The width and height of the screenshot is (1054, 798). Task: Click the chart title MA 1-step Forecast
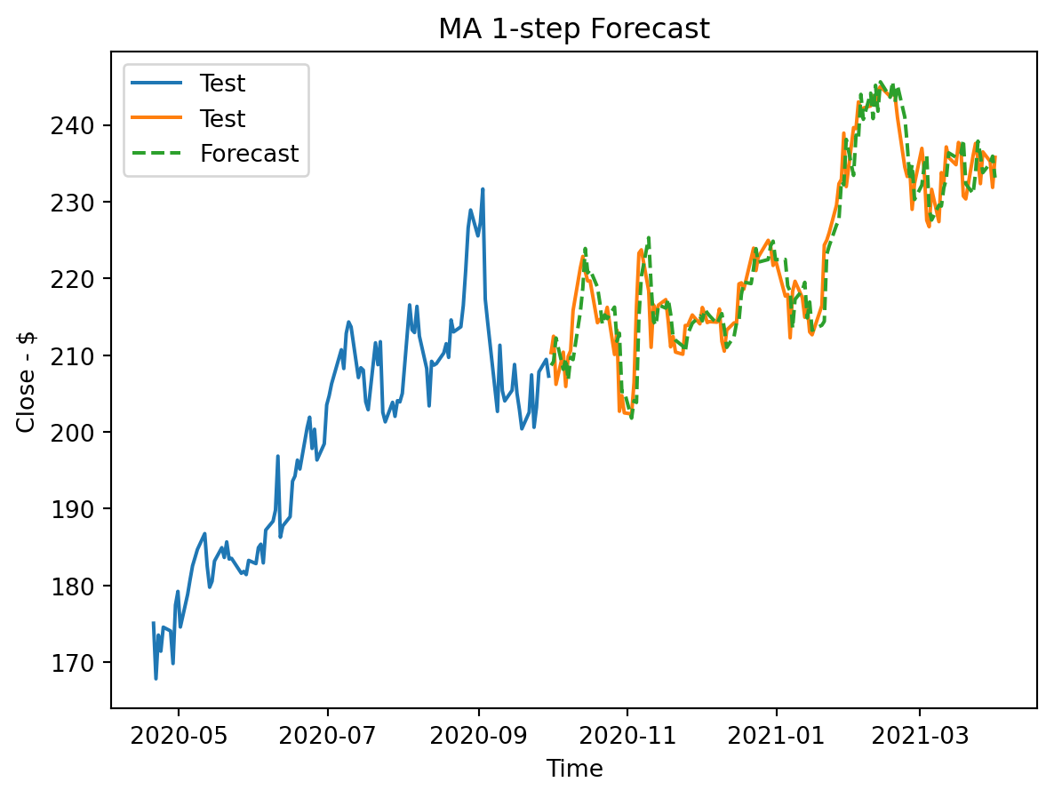tap(574, 29)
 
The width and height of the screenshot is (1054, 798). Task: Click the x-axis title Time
tap(574, 769)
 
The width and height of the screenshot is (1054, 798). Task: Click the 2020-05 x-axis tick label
tap(179, 736)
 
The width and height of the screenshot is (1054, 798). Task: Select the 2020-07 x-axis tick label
tap(328, 736)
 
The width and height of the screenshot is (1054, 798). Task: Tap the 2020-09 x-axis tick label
tap(479, 736)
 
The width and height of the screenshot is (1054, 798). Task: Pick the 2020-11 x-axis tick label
tap(627, 736)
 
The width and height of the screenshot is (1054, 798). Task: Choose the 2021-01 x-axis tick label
tap(777, 736)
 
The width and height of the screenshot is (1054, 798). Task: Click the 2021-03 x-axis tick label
tap(920, 736)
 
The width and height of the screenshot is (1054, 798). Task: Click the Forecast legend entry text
tap(249, 154)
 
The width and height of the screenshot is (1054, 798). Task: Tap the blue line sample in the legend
tap(157, 84)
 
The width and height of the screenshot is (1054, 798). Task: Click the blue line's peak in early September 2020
tap(483, 188)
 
